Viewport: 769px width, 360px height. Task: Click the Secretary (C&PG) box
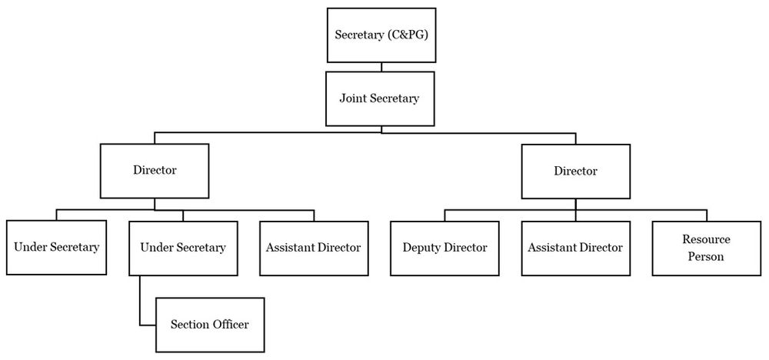pyautogui.click(x=381, y=35)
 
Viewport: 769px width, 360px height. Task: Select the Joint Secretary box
pyautogui.click(x=381, y=98)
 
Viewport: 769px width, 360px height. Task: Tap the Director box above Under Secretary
pyautogui.click(x=154, y=170)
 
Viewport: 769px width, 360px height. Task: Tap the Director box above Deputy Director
pyautogui.click(x=575, y=171)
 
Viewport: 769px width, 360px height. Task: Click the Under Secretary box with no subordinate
pyautogui.click(x=57, y=248)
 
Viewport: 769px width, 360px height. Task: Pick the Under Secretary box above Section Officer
pyautogui.click(x=183, y=248)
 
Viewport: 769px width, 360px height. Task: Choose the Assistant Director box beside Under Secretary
pyautogui.click(x=313, y=248)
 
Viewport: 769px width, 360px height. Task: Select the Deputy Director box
pyautogui.click(x=444, y=248)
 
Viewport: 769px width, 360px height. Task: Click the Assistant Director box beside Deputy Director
pyautogui.click(x=575, y=248)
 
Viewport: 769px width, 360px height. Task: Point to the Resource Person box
pyautogui.click(x=706, y=248)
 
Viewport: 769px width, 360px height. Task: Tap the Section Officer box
pyautogui.click(x=210, y=325)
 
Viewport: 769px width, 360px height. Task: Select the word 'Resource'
pyautogui.click(x=706, y=240)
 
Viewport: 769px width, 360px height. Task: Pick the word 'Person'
pyautogui.click(x=706, y=256)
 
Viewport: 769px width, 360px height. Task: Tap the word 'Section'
pyautogui.click(x=190, y=325)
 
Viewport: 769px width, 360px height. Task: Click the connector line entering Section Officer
pyautogui.click(x=147, y=325)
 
